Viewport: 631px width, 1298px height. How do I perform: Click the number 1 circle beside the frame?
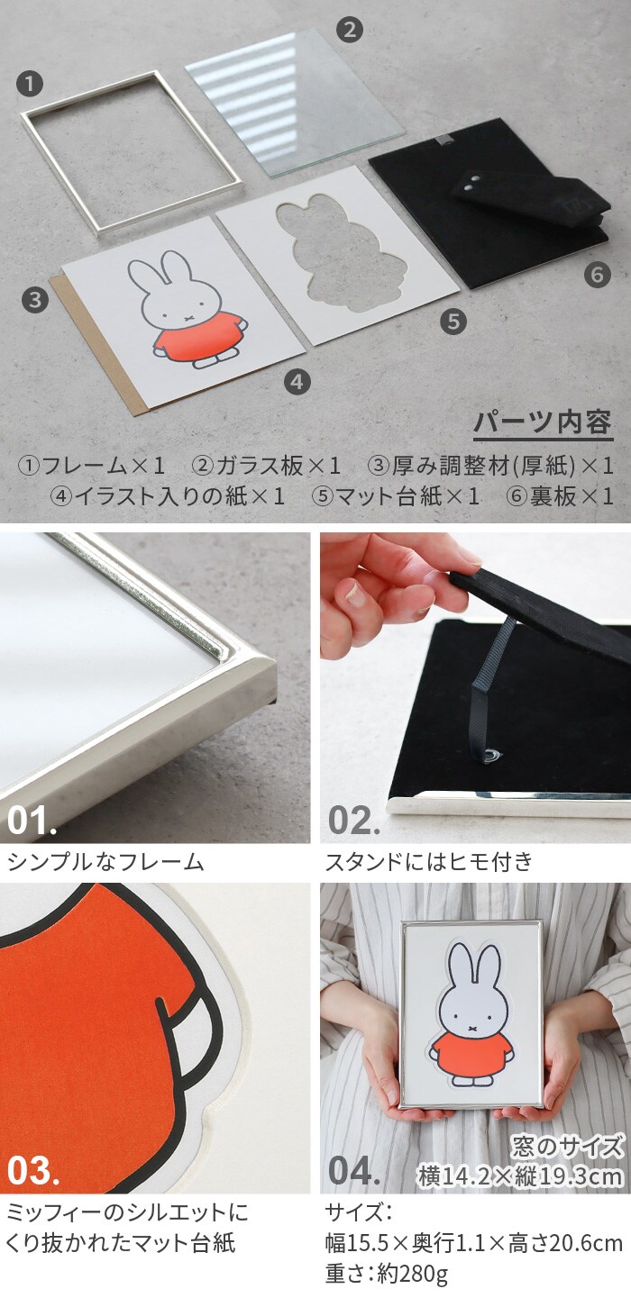tap(30, 85)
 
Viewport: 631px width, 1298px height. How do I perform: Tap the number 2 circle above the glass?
tap(349, 29)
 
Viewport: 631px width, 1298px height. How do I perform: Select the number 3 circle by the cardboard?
tap(35, 300)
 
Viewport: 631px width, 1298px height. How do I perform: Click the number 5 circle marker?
tap(453, 321)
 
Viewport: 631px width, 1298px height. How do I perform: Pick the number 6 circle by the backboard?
tap(598, 274)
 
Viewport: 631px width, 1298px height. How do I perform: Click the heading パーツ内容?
tap(543, 423)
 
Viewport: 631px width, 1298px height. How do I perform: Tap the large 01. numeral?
tap(32, 821)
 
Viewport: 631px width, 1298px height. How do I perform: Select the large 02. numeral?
tap(353, 821)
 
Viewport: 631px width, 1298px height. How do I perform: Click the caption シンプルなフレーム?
tap(105, 862)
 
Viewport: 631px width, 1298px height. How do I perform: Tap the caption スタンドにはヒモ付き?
tap(428, 862)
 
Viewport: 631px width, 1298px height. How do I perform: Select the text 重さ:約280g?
tap(386, 1275)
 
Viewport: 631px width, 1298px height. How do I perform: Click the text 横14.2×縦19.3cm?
tap(520, 1175)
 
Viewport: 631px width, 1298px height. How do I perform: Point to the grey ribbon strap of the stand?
tap(491, 690)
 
